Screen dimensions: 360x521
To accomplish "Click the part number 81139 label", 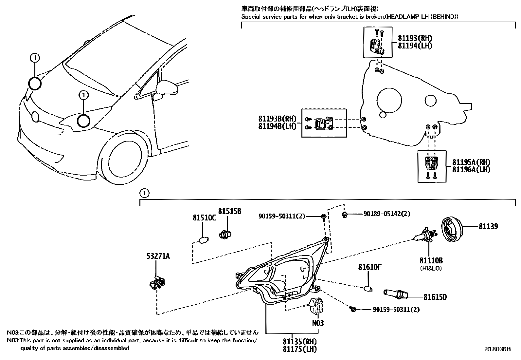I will [x=488, y=226].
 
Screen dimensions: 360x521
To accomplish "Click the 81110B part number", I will [x=431, y=260].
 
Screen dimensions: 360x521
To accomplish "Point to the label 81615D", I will [x=435, y=297].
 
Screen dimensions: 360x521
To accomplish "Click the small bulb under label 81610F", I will [x=368, y=289].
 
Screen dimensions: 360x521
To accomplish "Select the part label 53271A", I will [x=158, y=256].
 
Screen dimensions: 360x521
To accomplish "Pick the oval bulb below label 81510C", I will [x=203, y=240].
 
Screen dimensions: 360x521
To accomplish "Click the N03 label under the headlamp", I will [x=318, y=323].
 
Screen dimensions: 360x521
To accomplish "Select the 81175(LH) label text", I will [x=300, y=349].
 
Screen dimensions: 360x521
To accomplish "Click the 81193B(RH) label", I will [x=277, y=118].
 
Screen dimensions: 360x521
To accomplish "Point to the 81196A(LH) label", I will [x=471, y=169].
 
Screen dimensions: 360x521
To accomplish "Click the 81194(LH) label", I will [x=415, y=46].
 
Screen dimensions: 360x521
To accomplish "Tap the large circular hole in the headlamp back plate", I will [x=389, y=99].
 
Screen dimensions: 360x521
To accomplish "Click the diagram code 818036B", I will [x=497, y=349].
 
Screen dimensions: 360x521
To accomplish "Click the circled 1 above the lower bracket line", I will [x=144, y=193].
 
